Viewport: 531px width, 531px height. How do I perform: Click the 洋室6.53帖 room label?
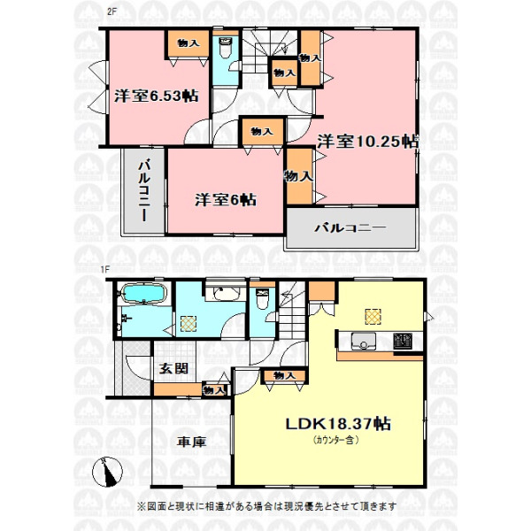156,96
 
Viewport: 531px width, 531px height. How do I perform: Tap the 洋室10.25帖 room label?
368,142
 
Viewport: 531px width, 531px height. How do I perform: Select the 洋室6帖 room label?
226,200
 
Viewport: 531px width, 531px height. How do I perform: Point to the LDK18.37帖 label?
338,424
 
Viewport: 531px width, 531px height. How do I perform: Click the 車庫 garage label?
192,442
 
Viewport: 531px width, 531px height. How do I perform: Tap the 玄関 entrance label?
173,368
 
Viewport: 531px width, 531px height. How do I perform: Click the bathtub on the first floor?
143,293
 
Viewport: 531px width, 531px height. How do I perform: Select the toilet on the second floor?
225,48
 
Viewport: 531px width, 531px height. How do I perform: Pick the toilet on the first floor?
262,299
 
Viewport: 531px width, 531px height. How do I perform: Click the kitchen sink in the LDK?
363,341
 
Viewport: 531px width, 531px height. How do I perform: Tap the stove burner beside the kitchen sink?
403,341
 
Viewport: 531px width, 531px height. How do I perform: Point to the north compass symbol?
107,472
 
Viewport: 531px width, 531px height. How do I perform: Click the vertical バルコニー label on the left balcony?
144,191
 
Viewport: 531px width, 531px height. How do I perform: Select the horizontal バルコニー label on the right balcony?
350,227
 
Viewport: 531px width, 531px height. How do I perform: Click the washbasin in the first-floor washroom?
225,294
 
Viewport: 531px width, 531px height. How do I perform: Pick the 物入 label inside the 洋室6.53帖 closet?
189,43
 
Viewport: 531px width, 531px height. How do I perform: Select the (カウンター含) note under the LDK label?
336,440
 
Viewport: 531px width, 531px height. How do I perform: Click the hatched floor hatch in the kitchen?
373,316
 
